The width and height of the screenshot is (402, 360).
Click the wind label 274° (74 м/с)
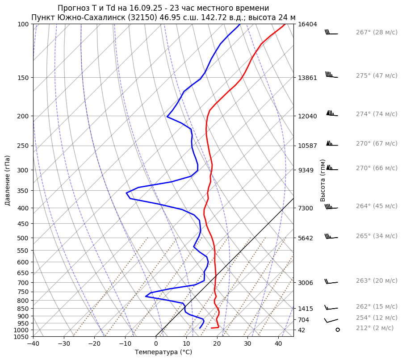pyautogui.click(x=377, y=114)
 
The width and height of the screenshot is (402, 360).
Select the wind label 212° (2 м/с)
pyautogui.click(x=375, y=328)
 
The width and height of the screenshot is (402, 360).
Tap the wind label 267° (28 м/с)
pyautogui.click(x=377, y=32)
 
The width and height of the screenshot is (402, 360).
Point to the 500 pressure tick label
pyautogui.click(x=24, y=238)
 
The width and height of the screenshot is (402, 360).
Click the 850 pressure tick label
pyautogui.click(x=24, y=309)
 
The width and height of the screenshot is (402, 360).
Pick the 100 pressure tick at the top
pyautogui.click(x=24, y=24)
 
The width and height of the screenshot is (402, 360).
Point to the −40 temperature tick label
pyautogui.click(x=33, y=344)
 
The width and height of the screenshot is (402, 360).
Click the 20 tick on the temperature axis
pyautogui.click(x=217, y=344)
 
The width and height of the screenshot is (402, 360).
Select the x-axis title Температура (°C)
pyautogui.click(x=163, y=352)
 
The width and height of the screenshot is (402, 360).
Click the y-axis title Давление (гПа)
pyautogui.click(x=8, y=180)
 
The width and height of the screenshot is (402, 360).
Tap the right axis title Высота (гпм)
pyautogui.click(x=322, y=180)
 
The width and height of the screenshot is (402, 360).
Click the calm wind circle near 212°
pyautogui.click(x=338, y=330)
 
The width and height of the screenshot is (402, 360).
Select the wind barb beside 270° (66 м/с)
pyautogui.click(x=332, y=168)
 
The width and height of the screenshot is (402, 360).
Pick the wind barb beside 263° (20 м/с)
pyautogui.click(x=331, y=282)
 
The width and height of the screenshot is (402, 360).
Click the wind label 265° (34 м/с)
pyautogui.click(x=377, y=236)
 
